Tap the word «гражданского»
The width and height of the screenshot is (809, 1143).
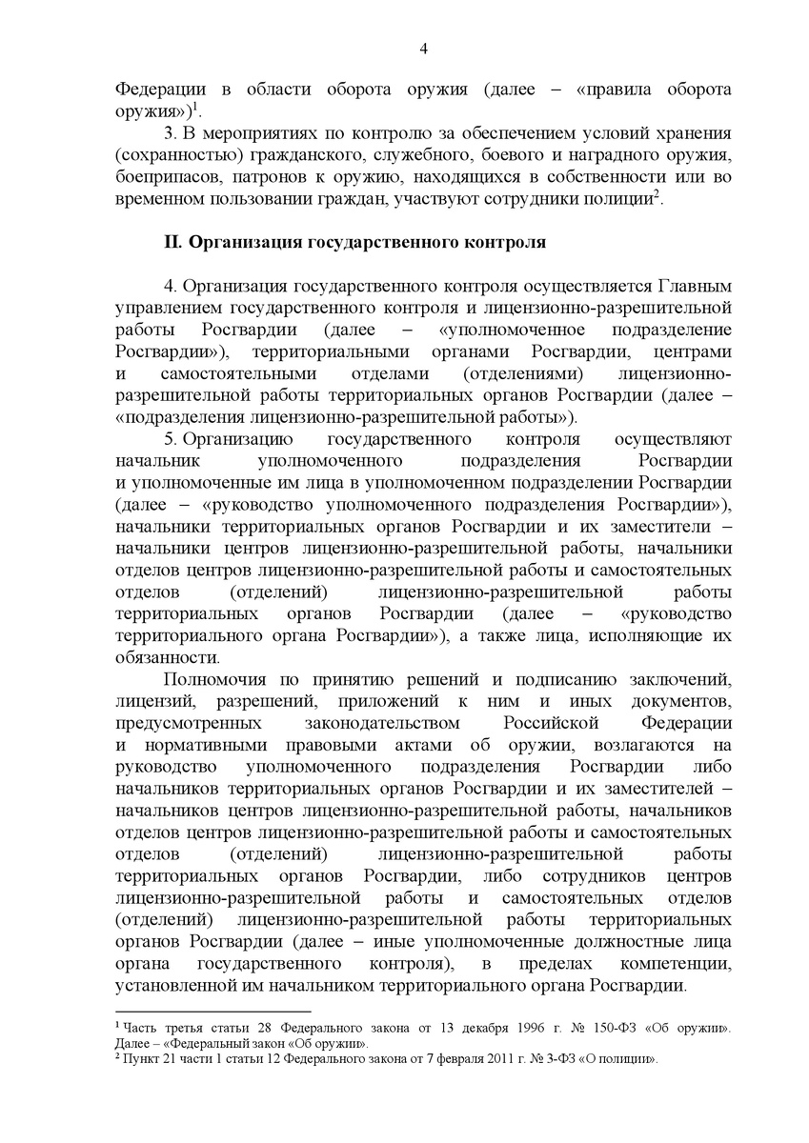pos(272,153)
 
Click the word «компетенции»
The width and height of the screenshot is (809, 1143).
pos(678,964)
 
